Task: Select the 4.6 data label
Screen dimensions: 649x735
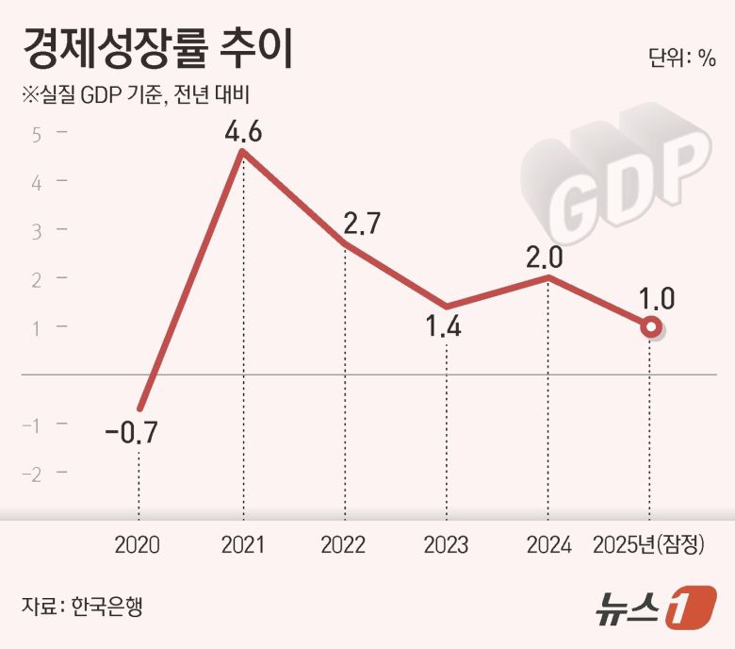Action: [x=242, y=131]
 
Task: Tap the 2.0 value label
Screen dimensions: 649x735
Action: [x=547, y=257]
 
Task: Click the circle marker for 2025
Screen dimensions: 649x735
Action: [x=650, y=327]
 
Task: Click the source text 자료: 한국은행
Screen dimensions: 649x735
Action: [x=82, y=605]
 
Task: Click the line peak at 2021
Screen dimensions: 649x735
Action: [x=243, y=151]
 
